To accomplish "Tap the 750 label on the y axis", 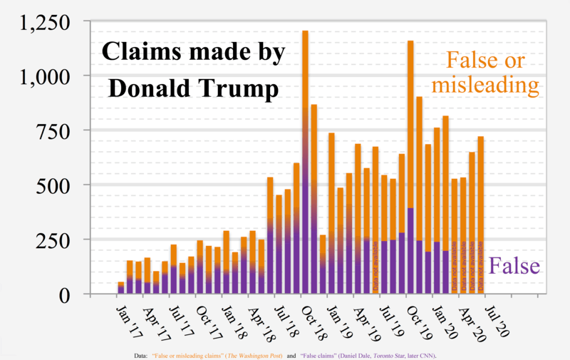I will pos(53,130).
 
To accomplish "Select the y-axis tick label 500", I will pos(53,185).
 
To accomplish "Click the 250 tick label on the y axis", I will pos(53,240).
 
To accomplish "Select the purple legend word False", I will pos(515,266).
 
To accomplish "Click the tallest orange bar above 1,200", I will pos(305,86).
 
